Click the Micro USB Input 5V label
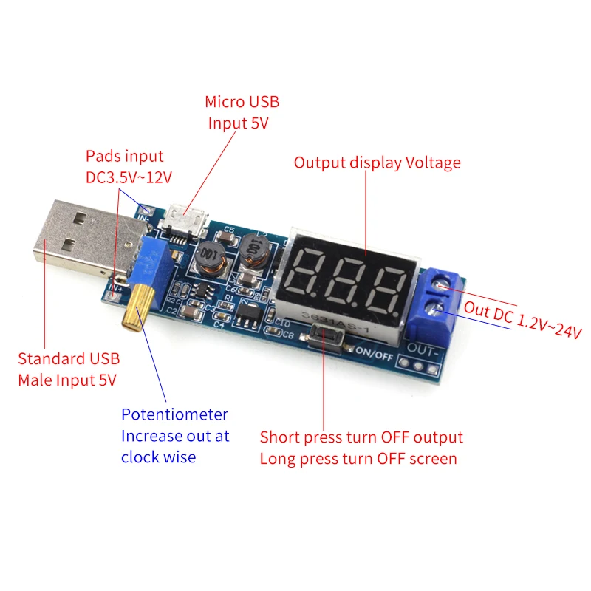pyautogui.click(x=242, y=112)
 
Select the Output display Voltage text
pyautogui.click(x=377, y=163)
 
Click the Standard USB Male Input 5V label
pyautogui.click(x=68, y=369)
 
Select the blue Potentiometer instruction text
pyautogui.click(x=175, y=436)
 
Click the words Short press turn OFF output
pyautogui.click(x=361, y=437)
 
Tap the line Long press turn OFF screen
pyautogui.click(x=358, y=459)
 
